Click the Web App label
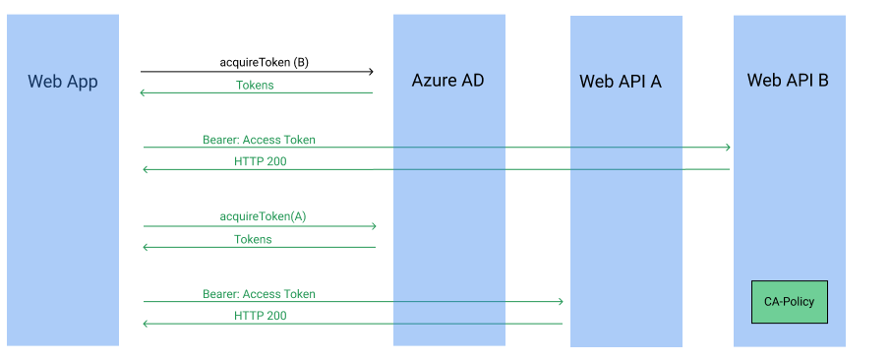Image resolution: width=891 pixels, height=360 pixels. click(63, 82)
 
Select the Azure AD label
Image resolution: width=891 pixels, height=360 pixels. click(447, 81)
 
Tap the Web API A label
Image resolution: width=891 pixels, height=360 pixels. click(620, 82)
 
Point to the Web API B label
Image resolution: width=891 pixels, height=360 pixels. click(788, 81)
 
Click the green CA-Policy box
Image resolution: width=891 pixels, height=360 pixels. click(790, 302)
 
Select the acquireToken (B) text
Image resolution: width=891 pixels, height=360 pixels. click(264, 62)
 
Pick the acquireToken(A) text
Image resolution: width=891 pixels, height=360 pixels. click(264, 215)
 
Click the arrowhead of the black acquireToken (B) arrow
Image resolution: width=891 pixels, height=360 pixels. click(371, 71)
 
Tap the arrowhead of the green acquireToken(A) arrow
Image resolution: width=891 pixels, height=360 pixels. click(373, 226)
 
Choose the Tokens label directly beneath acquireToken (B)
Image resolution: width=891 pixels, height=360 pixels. click(255, 85)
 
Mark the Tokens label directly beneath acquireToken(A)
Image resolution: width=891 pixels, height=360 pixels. click(253, 239)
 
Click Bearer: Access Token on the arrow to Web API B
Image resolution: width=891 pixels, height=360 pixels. click(259, 140)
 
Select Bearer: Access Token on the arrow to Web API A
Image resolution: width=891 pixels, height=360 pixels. click(259, 293)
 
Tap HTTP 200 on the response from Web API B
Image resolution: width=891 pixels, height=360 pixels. click(261, 161)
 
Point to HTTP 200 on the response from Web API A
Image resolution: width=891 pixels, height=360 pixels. click(261, 316)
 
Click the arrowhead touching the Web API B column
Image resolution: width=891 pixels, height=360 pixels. click(728, 148)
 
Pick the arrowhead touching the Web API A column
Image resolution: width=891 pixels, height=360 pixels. click(560, 301)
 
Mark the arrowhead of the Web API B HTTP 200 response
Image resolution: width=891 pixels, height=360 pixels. click(147, 170)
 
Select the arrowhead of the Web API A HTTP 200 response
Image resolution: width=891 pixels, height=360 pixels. click(147, 324)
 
